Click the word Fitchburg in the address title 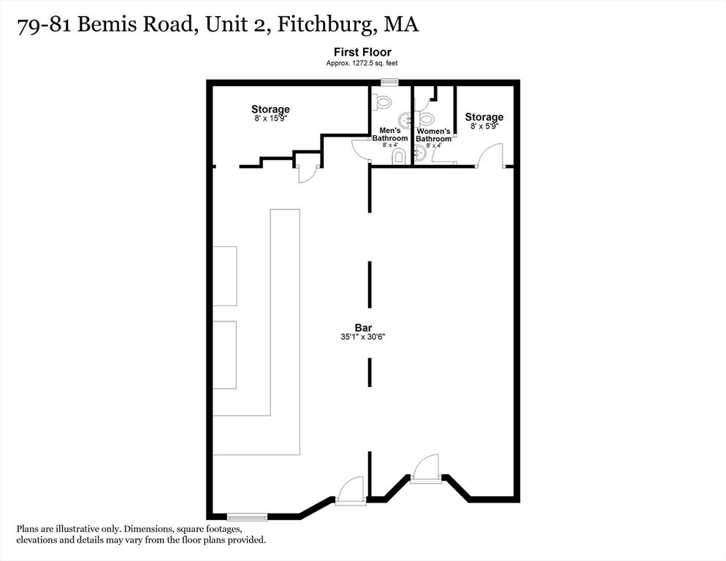(x=329, y=24)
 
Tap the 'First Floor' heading (x=362, y=52)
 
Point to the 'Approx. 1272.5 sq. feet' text (x=362, y=64)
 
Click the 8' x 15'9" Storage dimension (x=270, y=119)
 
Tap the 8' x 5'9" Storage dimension (x=484, y=126)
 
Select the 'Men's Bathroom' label (x=390, y=134)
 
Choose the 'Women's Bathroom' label (x=434, y=135)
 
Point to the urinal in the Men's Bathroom (x=399, y=156)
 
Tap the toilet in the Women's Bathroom (x=427, y=118)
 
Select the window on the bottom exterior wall (x=247, y=517)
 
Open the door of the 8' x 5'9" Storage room (x=491, y=156)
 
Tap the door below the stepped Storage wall (x=307, y=173)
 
